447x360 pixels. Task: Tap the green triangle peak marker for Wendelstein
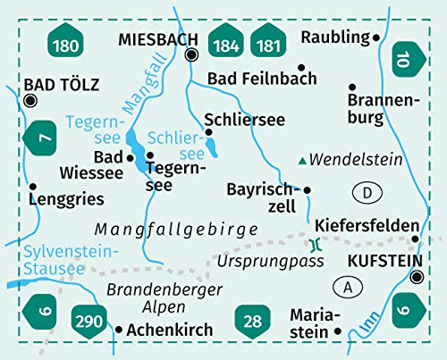pos(304,162)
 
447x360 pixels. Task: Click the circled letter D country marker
pos(366,191)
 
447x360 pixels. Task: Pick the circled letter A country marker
pos(348,287)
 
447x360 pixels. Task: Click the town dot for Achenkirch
pos(118,329)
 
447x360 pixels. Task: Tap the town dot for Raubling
pos(376,38)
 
